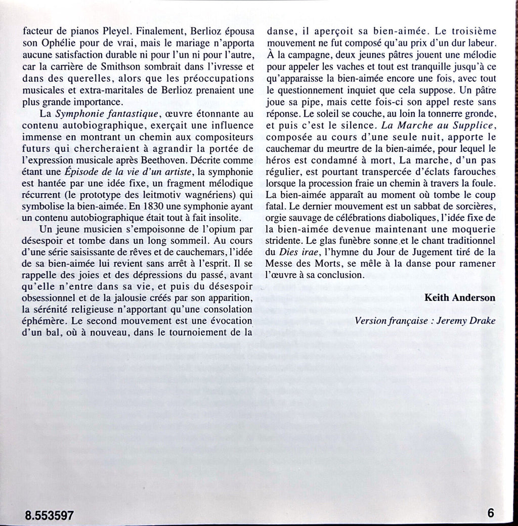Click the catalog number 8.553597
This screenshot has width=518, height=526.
[x=50, y=516]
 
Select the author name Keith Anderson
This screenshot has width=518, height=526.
[x=459, y=298]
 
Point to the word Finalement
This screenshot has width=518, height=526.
[x=157, y=30]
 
